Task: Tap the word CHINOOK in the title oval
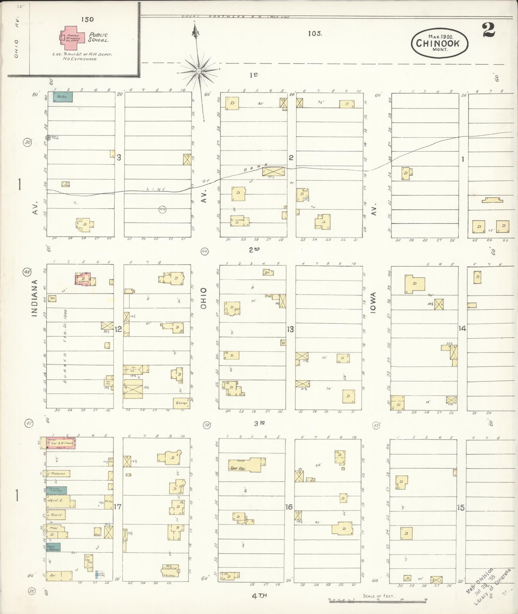(438, 43)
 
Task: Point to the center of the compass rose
(199, 71)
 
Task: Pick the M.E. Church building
(170, 570)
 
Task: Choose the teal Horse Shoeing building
(53, 547)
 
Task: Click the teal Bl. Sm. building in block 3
(63, 97)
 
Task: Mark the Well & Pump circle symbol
(48, 138)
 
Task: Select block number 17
(118, 507)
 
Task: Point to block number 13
(290, 329)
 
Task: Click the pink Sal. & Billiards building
(61, 443)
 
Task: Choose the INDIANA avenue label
(34, 298)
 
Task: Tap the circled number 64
(163, 210)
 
